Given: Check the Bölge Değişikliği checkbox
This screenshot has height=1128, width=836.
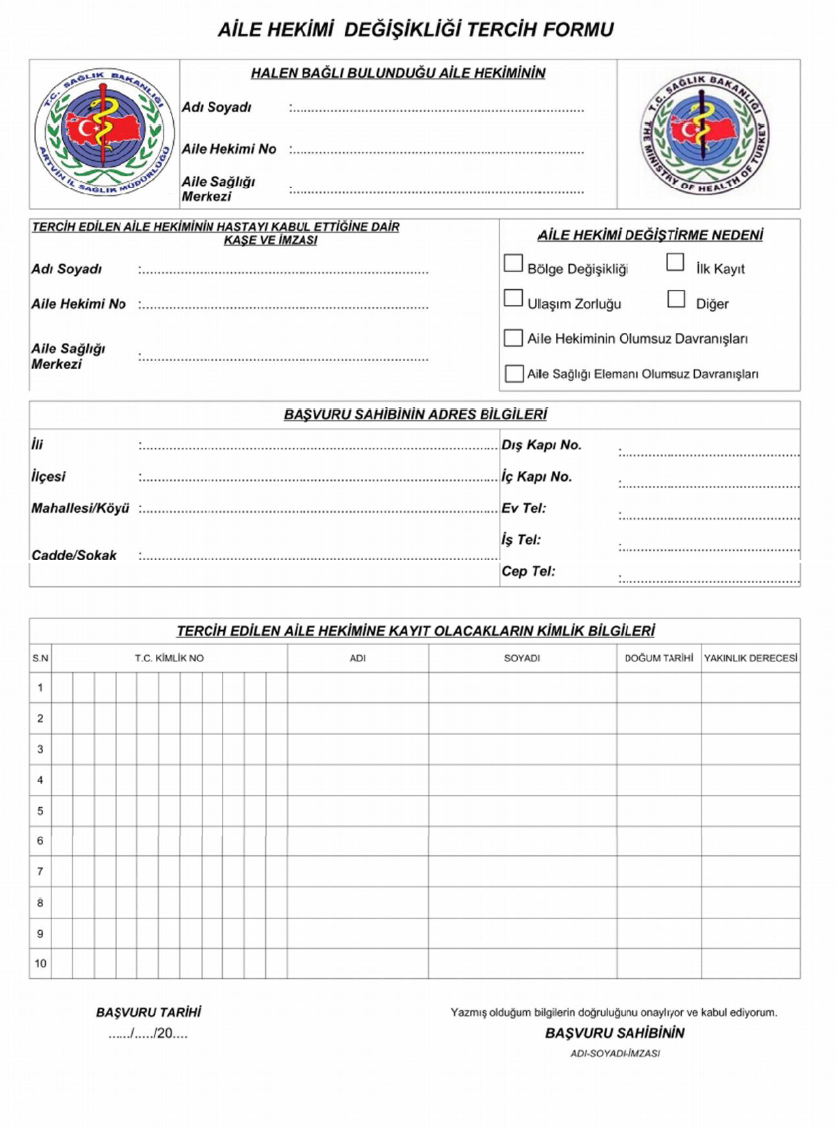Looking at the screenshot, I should pos(513,264).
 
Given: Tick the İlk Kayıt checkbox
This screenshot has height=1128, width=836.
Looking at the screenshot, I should pos(675,264).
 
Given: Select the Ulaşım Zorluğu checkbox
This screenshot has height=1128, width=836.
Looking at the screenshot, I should pos(513,298).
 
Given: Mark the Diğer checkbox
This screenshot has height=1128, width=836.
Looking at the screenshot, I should pos(676,299).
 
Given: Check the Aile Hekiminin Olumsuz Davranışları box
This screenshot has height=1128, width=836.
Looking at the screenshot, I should pos(513,338).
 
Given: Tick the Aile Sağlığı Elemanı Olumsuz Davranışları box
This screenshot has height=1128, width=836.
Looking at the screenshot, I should pos(513,374).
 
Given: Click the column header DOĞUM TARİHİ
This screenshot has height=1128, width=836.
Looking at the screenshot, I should pos(658,659).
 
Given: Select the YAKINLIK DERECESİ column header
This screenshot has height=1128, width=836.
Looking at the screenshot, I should pos(750,659).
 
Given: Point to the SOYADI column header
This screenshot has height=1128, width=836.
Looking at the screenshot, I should pos(521,659).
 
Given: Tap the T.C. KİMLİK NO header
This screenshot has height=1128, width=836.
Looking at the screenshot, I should pos(169,659).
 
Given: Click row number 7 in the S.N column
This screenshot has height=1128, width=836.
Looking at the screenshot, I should pos(40,872).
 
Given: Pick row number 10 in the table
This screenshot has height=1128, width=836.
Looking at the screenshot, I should pos(40,964).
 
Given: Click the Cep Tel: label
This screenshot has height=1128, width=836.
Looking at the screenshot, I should pos(528,571).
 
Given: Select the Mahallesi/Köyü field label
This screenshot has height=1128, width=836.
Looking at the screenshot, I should pos(81,509).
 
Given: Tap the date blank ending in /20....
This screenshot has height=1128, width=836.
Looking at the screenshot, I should pos(148,1033).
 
